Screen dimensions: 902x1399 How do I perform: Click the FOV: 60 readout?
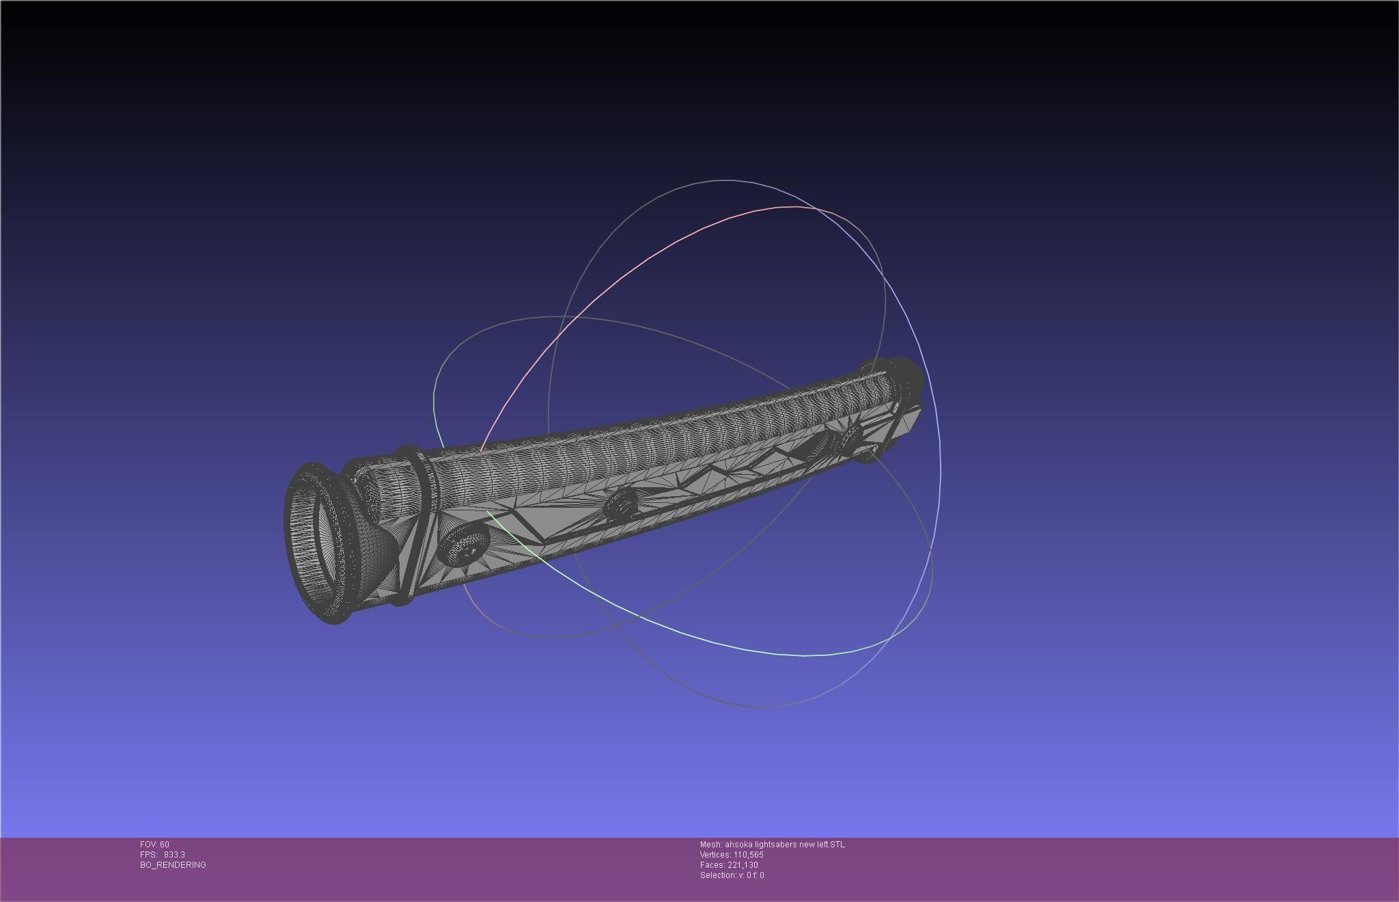click(x=154, y=845)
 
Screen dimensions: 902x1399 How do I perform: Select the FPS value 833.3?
click(x=174, y=855)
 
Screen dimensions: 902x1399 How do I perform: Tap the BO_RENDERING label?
click(x=173, y=865)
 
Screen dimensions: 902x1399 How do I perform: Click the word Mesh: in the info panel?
click(x=710, y=845)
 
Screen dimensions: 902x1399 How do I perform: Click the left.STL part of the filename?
click(x=831, y=845)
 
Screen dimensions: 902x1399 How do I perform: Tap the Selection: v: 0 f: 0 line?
click(x=732, y=875)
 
